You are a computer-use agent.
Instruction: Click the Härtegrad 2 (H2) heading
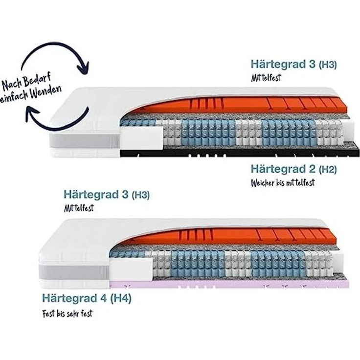click(293, 169)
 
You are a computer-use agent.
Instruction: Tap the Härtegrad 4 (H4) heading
click(87, 298)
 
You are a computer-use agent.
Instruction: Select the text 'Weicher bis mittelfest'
click(283, 183)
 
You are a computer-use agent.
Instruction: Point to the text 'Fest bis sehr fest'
click(67, 314)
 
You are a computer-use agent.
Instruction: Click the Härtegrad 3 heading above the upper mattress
click(293, 64)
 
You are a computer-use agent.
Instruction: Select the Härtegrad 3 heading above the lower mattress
click(107, 195)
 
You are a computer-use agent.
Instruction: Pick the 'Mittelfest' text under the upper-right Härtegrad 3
click(266, 78)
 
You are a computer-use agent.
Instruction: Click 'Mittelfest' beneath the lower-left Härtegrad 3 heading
click(79, 208)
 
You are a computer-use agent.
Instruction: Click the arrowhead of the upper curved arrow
click(83, 68)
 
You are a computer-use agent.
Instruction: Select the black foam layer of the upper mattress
click(240, 153)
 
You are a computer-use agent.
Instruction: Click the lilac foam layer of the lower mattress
click(229, 285)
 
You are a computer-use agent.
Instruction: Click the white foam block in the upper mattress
click(141, 138)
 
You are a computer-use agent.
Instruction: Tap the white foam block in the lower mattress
click(131, 269)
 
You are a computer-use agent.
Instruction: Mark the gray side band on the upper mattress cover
click(85, 141)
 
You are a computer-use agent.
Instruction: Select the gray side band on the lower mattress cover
click(74, 272)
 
